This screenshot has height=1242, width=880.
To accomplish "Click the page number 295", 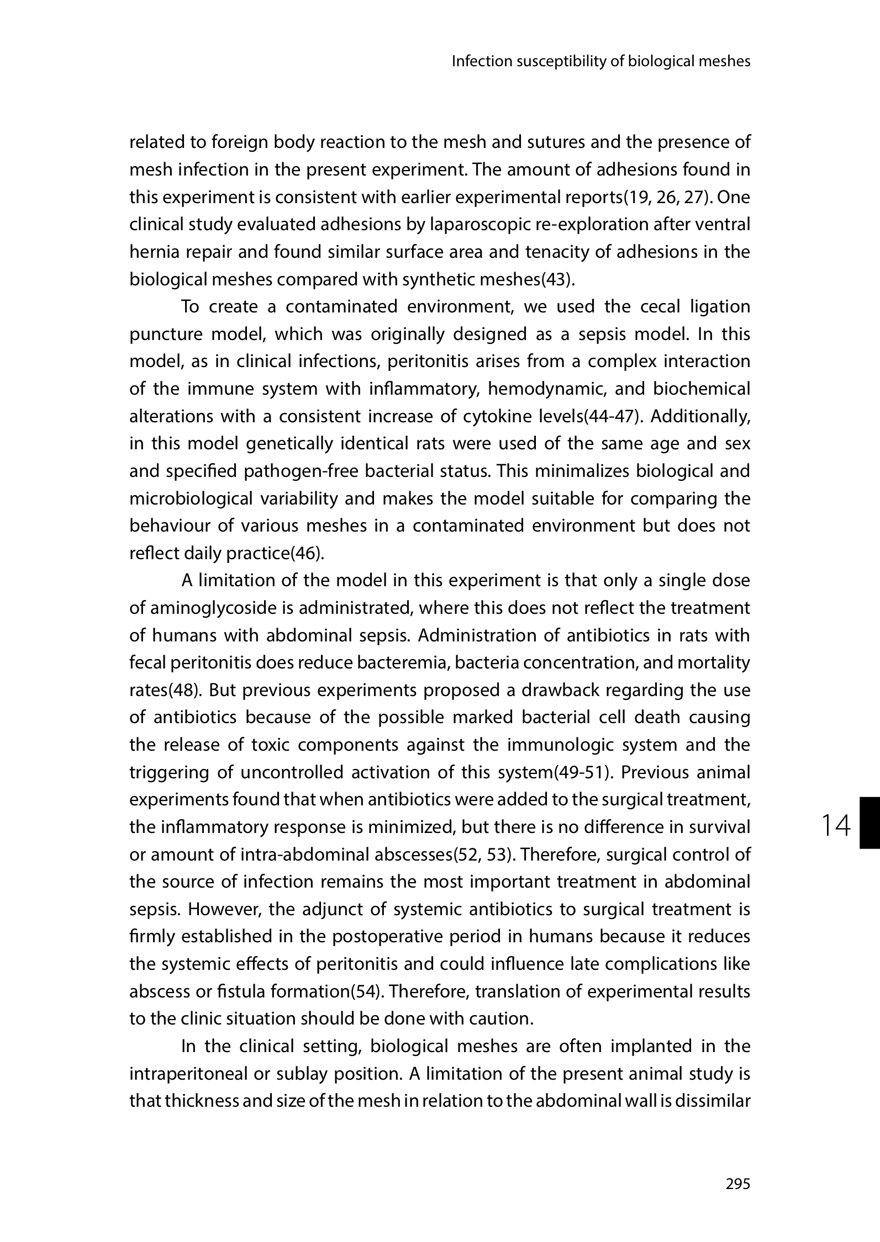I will pyautogui.click(x=738, y=1183).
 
